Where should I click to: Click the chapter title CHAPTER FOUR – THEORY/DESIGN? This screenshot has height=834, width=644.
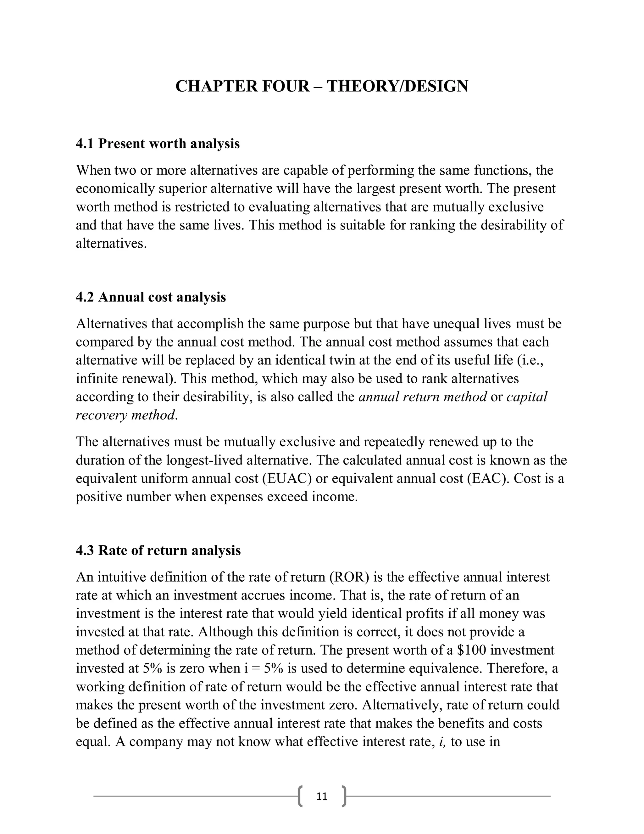pos(322,86)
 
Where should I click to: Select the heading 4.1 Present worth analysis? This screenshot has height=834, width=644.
pos(158,144)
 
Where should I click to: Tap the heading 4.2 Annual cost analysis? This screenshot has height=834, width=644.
pos(151,297)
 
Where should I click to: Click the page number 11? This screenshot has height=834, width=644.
pos(322,796)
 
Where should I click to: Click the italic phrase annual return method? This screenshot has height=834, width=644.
pos(422,397)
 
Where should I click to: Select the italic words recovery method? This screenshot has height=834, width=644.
pos(125,415)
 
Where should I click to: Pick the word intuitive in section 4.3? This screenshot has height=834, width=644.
pos(122,577)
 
